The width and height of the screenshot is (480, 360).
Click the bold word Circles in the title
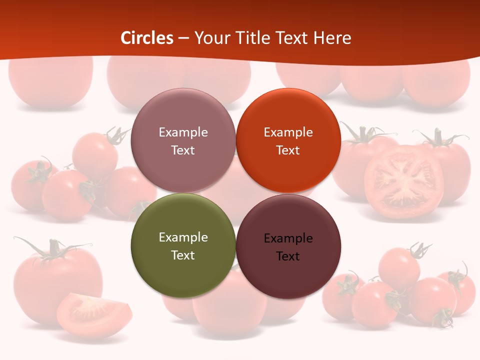pyautogui.click(x=147, y=38)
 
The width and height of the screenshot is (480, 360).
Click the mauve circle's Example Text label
pyautogui.click(x=183, y=141)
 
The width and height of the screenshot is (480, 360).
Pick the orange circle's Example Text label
pyautogui.click(x=288, y=141)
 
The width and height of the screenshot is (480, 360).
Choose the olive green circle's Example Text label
pyautogui.click(x=183, y=246)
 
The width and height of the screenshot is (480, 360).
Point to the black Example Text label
pyautogui.click(x=288, y=247)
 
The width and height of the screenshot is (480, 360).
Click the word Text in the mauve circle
pyautogui.click(x=183, y=150)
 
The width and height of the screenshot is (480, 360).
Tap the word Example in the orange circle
pyautogui.click(x=288, y=132)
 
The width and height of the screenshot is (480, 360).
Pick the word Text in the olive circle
pyautogui.click(x=183, y=255)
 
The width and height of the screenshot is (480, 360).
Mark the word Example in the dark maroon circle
pyautogui.click(x=288, y=238)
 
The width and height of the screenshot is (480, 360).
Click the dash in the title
pyautogui.click(x=183, y=38)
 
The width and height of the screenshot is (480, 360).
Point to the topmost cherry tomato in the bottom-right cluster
pyautogui.click(x=399, y=267)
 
